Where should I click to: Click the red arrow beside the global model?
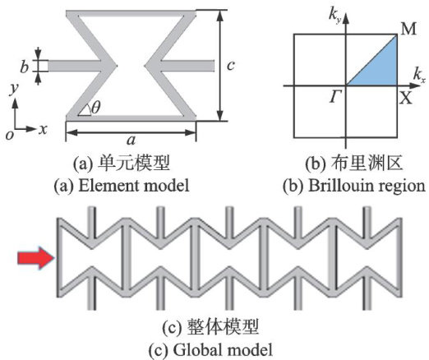coord(36,258)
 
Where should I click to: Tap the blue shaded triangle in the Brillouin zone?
coord(381,68)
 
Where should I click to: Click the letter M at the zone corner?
coord(408,29)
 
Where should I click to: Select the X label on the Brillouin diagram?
coord(406,97)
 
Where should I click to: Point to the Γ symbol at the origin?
coord(335,97)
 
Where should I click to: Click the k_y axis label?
coord(335,16)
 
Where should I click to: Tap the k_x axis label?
coord(419,75)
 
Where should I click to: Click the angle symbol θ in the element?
coord(95,107)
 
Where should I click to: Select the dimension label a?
coord(131,141)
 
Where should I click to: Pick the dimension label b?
coord(25,67)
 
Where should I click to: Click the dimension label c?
coord(231,66)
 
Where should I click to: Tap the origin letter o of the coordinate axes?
coord(10,135)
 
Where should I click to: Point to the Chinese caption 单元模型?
coord(134,164)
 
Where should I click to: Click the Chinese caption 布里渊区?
coord(367,164)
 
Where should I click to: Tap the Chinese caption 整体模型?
coord(223,327)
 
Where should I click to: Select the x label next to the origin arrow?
coord(43,129)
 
